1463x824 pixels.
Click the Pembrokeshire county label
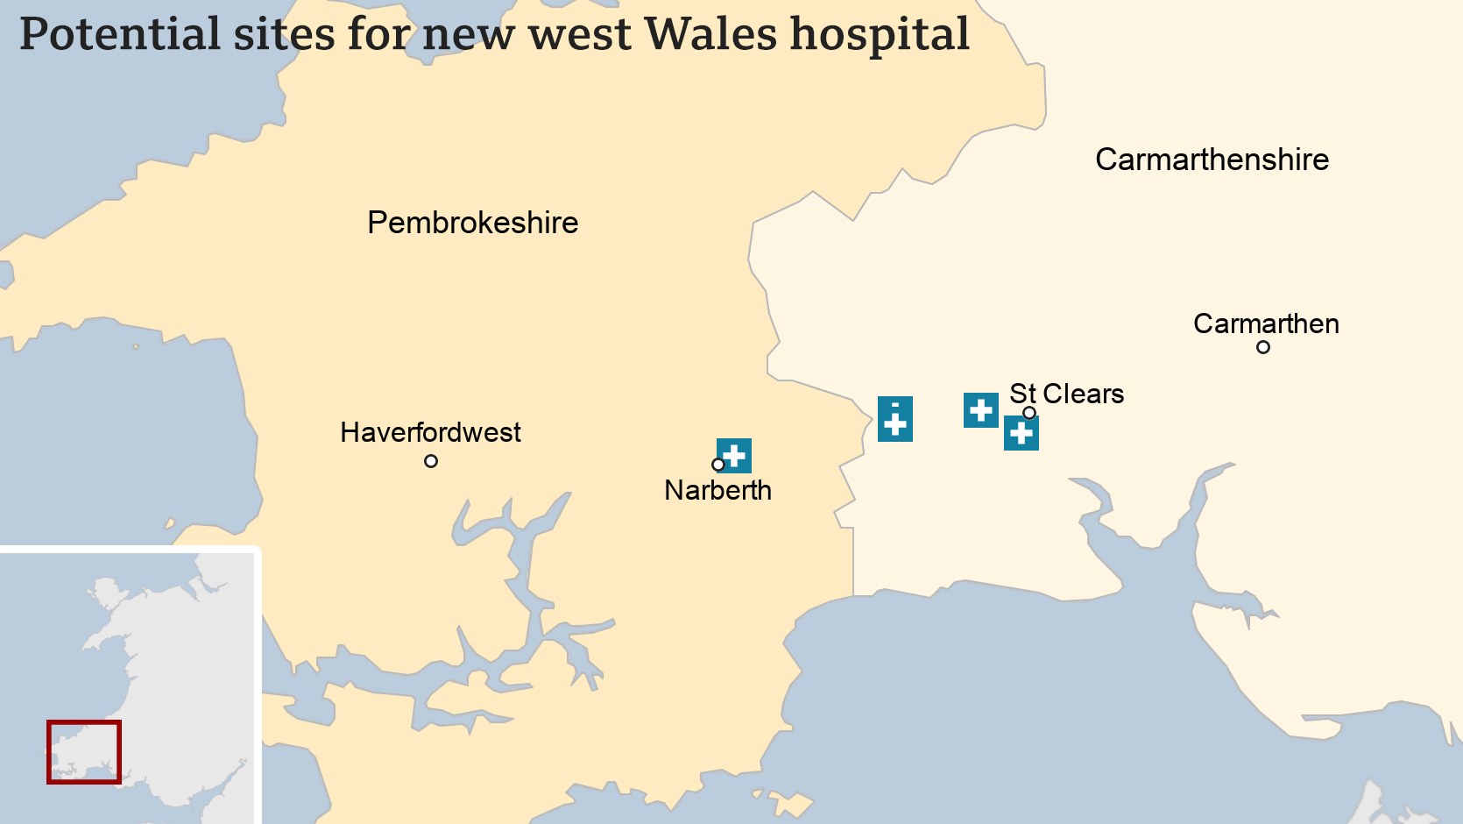[472, 223]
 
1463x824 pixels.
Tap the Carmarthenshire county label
[1212, 160]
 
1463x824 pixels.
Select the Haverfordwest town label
[430, 432]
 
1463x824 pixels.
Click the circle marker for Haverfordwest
[431, 461]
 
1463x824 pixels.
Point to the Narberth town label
[717, 490]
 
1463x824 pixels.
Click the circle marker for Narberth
[718, 465]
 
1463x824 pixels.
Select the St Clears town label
[1066, 394]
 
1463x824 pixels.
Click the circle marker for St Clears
[1029, 413]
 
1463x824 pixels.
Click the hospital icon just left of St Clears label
[980, 409]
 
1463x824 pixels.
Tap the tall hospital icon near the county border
[894, 419]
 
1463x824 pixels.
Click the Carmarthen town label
[1266, 323]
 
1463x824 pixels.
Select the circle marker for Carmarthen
[1263, 347]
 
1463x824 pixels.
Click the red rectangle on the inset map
[84, 752]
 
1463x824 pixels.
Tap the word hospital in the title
[880, 35]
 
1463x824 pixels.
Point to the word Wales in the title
[710, 35]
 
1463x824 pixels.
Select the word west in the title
[579, 35]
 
